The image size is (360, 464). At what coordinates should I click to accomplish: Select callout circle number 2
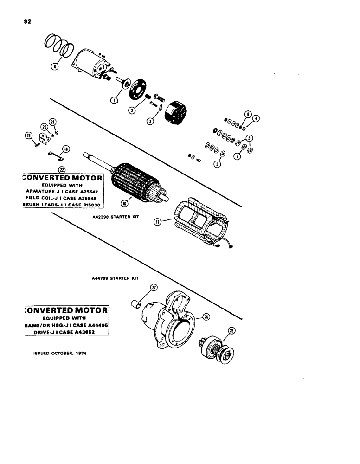pos(133,111)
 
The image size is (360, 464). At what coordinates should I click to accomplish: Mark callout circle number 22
pos(60,169)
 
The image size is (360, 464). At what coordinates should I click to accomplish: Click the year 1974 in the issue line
pos(79,353)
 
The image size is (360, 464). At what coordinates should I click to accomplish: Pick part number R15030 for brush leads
pos(93,205)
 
